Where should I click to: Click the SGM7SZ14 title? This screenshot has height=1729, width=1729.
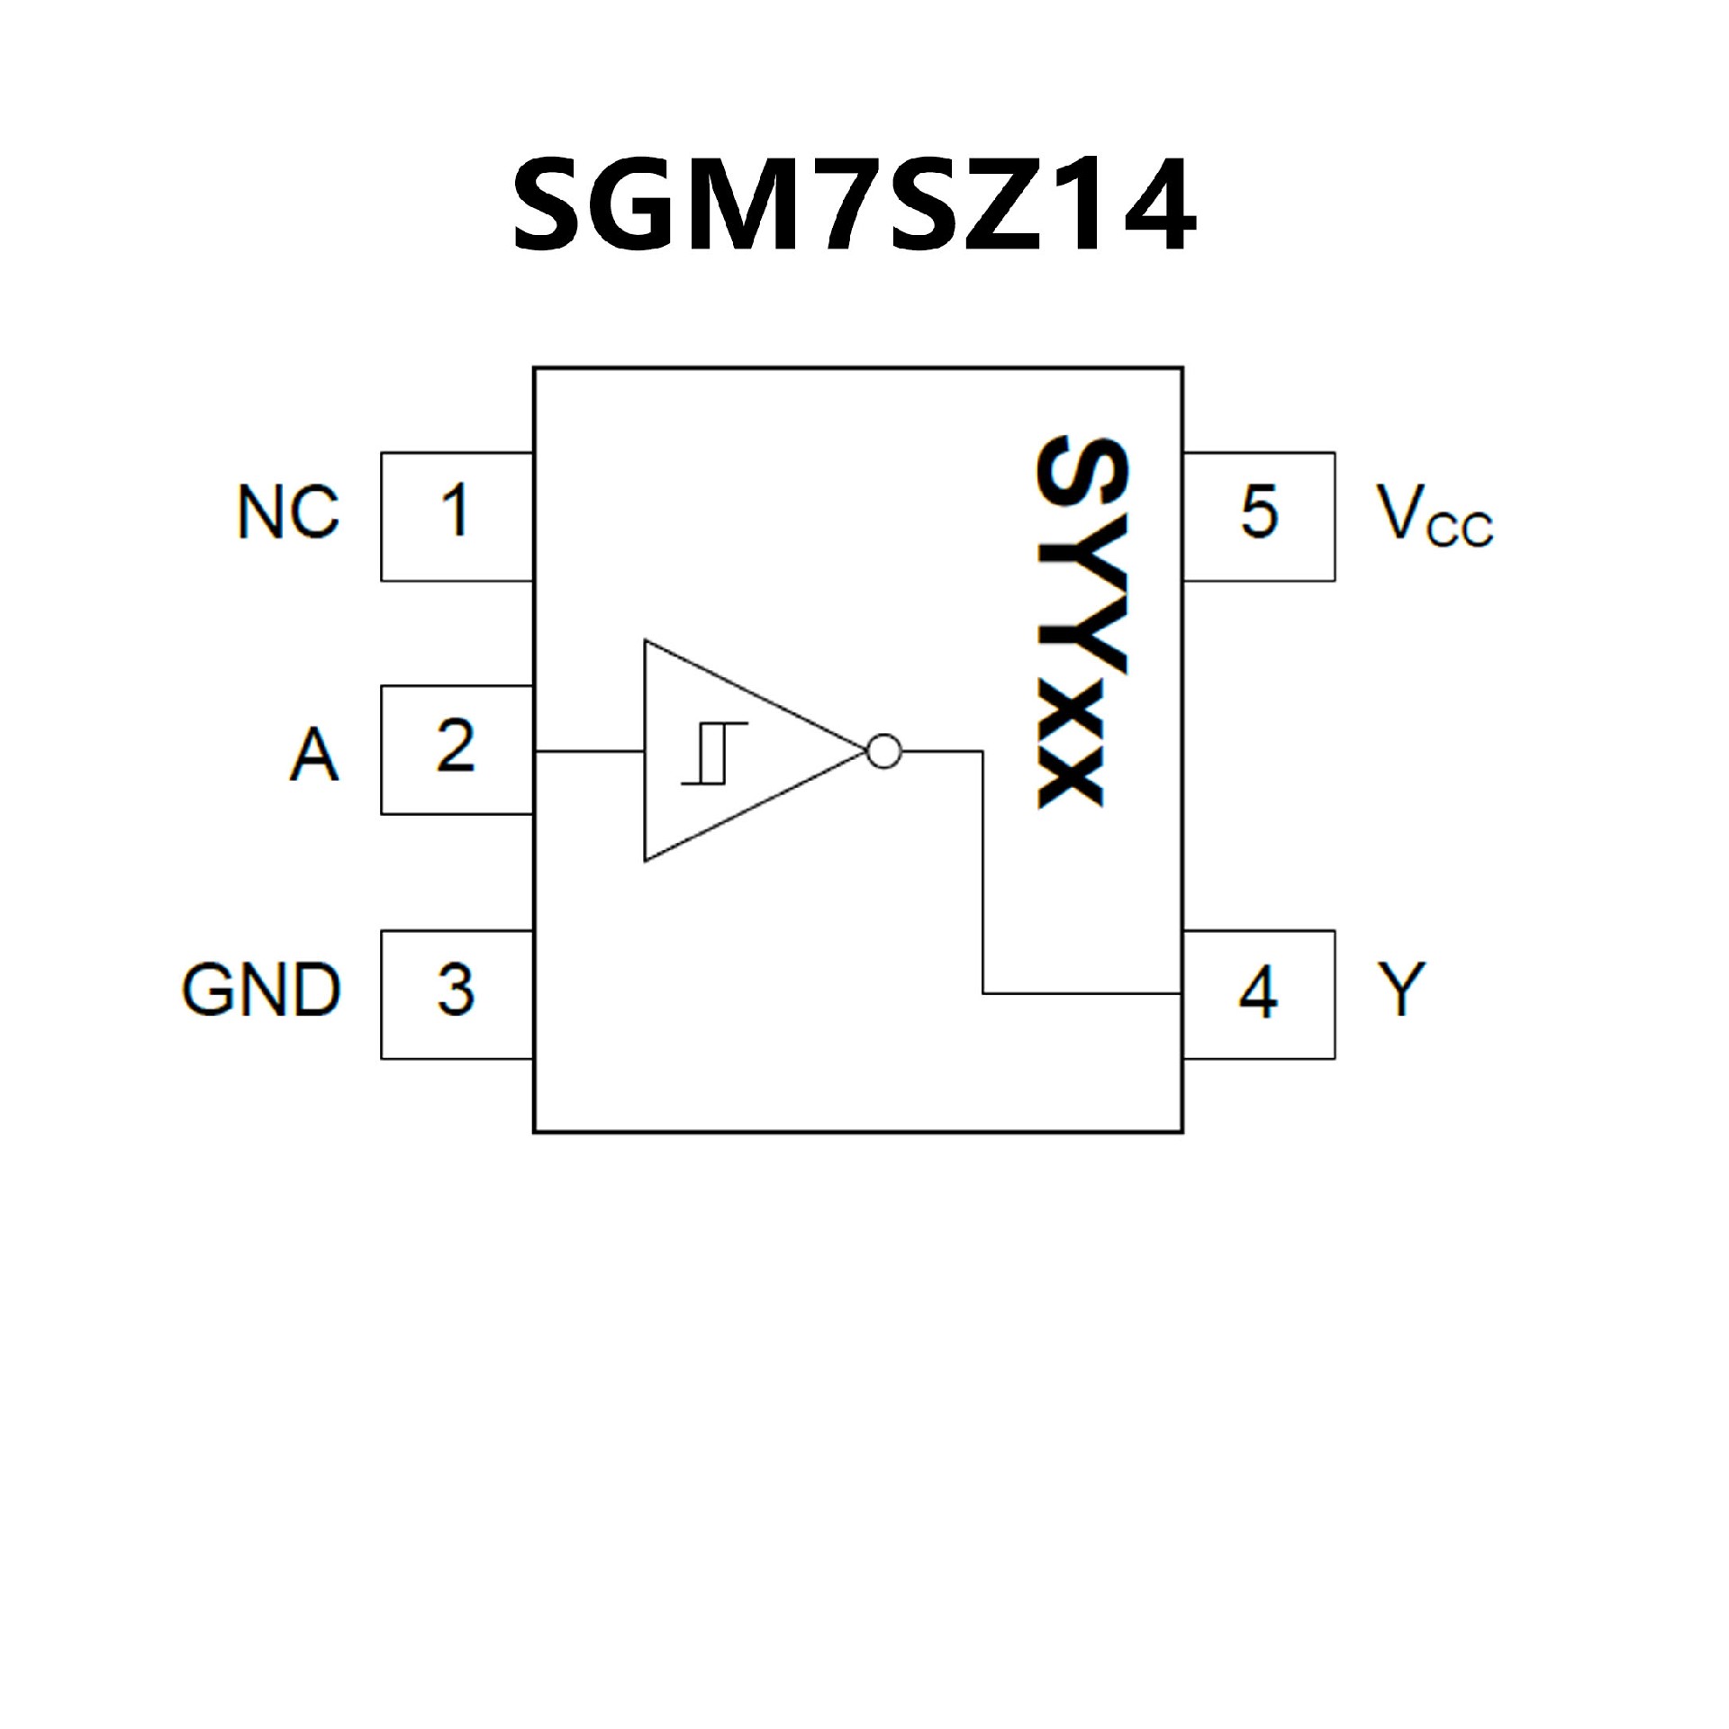click(x=854, y=205)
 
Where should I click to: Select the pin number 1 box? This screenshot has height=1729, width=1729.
click(x=457, y=517)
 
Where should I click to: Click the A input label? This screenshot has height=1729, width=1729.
click(x=314, y=755)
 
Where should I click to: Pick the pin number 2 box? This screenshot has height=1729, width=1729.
click(x=457, y=750)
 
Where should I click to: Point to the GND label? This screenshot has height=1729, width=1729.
click(x=261, y=990)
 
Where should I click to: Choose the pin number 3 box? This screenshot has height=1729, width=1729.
click(x=457, y=994)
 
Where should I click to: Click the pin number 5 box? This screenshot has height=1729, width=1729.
click(x=1259, y=517)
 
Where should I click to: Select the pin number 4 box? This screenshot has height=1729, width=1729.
click(x=1259, y=994)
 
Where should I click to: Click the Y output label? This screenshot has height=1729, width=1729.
click(x=1401, y=989)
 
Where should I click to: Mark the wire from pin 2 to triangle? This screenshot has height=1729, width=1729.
click(x=589, y=750)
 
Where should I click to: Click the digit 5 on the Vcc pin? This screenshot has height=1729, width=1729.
click(x=1259, y=511)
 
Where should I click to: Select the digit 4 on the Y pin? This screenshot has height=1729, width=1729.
click(x=1258, y=992)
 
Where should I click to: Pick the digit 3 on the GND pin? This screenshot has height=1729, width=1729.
click(x=456, y=991)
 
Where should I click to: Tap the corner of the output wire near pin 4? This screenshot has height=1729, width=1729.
click(x=983, y=994)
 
